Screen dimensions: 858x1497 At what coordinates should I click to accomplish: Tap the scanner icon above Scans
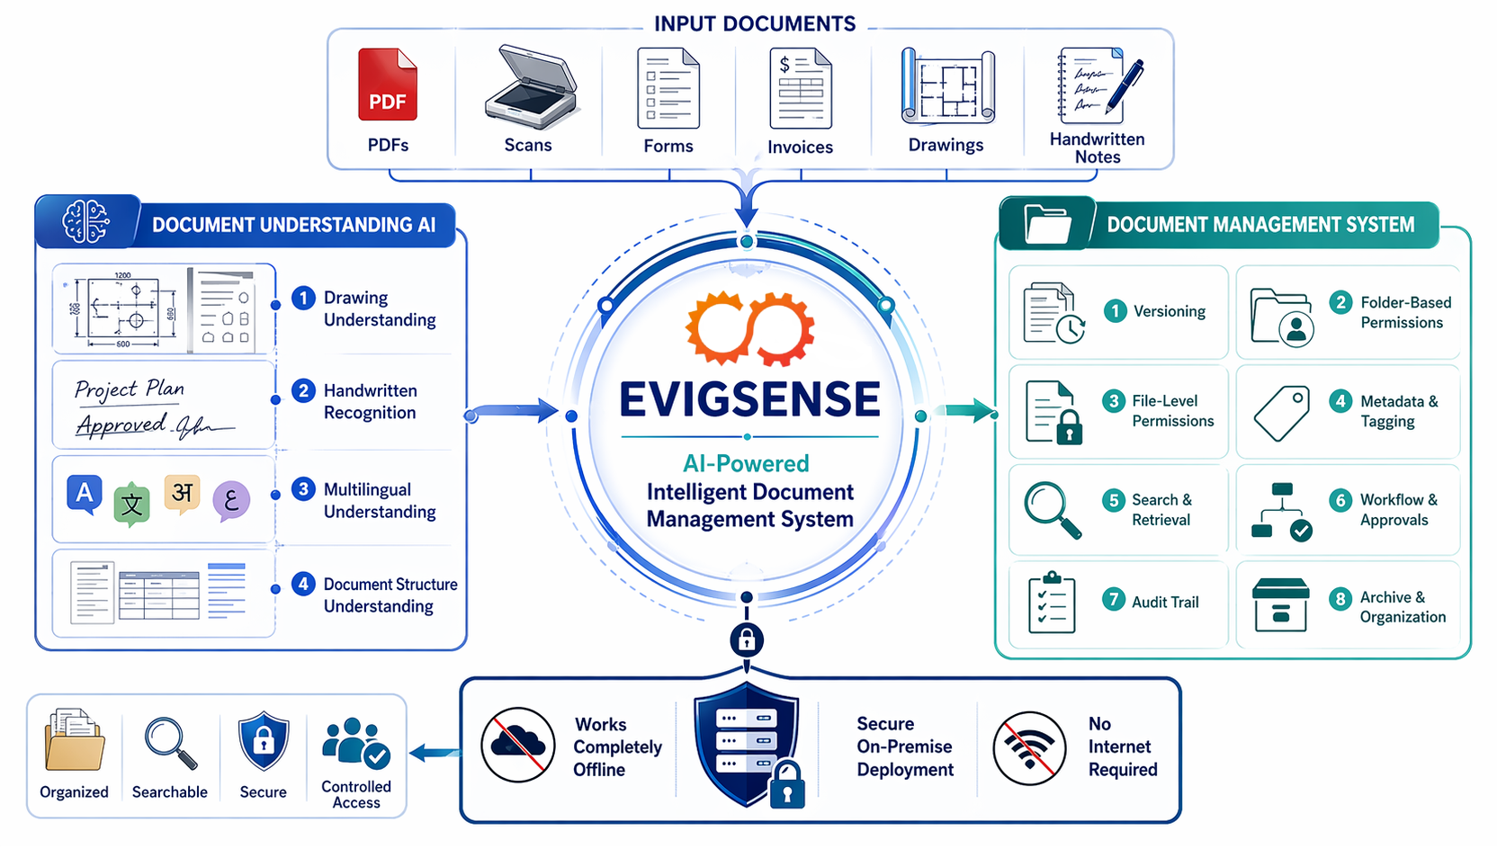tap(530, 87)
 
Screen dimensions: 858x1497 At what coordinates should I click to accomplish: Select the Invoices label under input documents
tap(800, 147)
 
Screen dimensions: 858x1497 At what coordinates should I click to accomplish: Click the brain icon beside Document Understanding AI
tap(85, 221)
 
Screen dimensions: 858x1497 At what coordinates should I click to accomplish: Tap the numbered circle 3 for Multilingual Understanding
tap(303, 489)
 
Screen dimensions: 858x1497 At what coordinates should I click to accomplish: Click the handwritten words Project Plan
tap(130, 389)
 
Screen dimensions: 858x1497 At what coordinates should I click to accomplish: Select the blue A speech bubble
tap(84, 494)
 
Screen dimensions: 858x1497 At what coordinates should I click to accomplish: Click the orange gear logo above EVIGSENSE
tap(750, 328)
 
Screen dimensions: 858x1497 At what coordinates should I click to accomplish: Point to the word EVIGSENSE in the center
tap(749, 399)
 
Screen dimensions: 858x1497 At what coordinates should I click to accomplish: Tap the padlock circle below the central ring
tap(747, 640)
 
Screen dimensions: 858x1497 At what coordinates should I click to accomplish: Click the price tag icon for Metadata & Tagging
tap(1282, 413)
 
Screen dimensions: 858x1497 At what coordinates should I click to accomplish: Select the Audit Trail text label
tap(1165, 603)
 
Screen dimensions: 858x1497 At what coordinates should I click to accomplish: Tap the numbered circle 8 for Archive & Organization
tap(1340, 599)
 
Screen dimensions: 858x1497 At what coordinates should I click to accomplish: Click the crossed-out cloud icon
tap(517, 746)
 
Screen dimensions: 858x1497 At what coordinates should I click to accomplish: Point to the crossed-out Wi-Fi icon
tap(1029, 747)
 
